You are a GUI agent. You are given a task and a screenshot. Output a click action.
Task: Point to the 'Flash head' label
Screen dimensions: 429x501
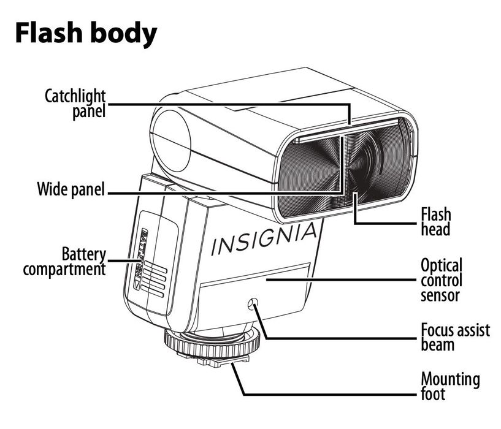pos(435,221)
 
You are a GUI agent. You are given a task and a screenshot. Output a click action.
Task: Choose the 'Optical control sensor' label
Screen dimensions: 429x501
pos(441,280)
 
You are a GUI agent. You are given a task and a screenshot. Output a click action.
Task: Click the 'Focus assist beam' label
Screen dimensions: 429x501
pos(455,336)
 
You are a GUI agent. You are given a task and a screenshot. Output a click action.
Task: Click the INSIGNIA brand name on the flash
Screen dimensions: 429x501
pos(265,240)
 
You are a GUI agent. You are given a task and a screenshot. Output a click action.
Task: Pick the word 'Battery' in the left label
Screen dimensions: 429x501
pos(84,254)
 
